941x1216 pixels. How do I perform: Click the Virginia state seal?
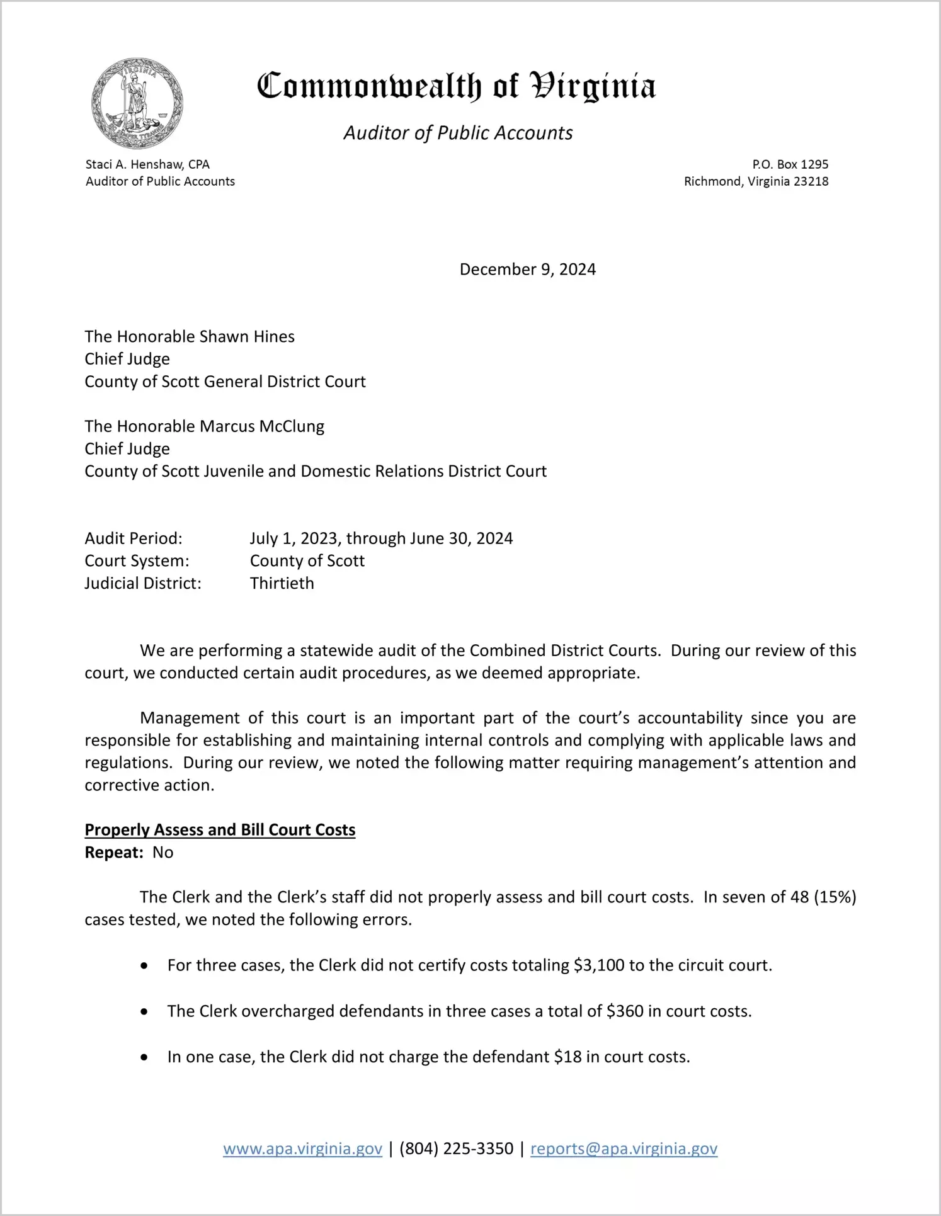click(137, 103)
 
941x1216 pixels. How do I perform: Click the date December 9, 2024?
click(527, 270)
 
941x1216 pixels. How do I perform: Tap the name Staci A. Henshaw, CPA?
click(147, 164)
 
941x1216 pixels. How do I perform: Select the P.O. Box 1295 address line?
click(790, 164)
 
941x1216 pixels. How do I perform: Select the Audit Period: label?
click(134, 538)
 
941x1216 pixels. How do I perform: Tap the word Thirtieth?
click(282, 583)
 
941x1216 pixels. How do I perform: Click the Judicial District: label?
click(143, 583)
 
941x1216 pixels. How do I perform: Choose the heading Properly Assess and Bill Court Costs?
click(220, 830)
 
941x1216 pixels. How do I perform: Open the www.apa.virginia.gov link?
click(302, 1149)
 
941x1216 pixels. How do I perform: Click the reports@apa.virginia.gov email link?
click(624, 1149)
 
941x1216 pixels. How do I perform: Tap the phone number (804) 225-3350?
click(456, 1149)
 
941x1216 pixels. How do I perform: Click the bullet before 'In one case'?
click(144, 1057)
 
